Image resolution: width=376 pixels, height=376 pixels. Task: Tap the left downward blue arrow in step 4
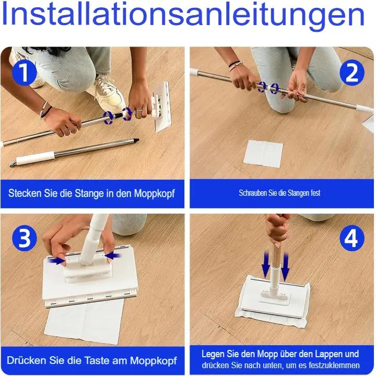[x=266, y=263]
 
